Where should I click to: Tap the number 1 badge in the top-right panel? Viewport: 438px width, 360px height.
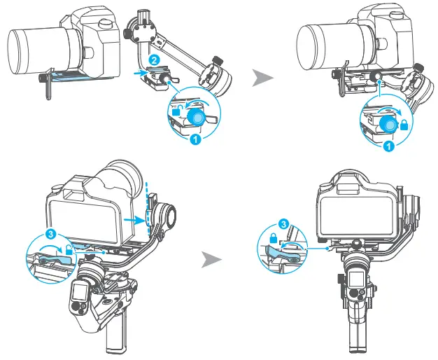pyautogui.click(x=390, y=146)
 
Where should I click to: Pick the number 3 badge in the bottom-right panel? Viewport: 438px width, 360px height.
pyautogui.click(x=282, y=224)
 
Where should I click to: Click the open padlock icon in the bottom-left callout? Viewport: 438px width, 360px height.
pyautogui.click(x=69, y=249)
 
